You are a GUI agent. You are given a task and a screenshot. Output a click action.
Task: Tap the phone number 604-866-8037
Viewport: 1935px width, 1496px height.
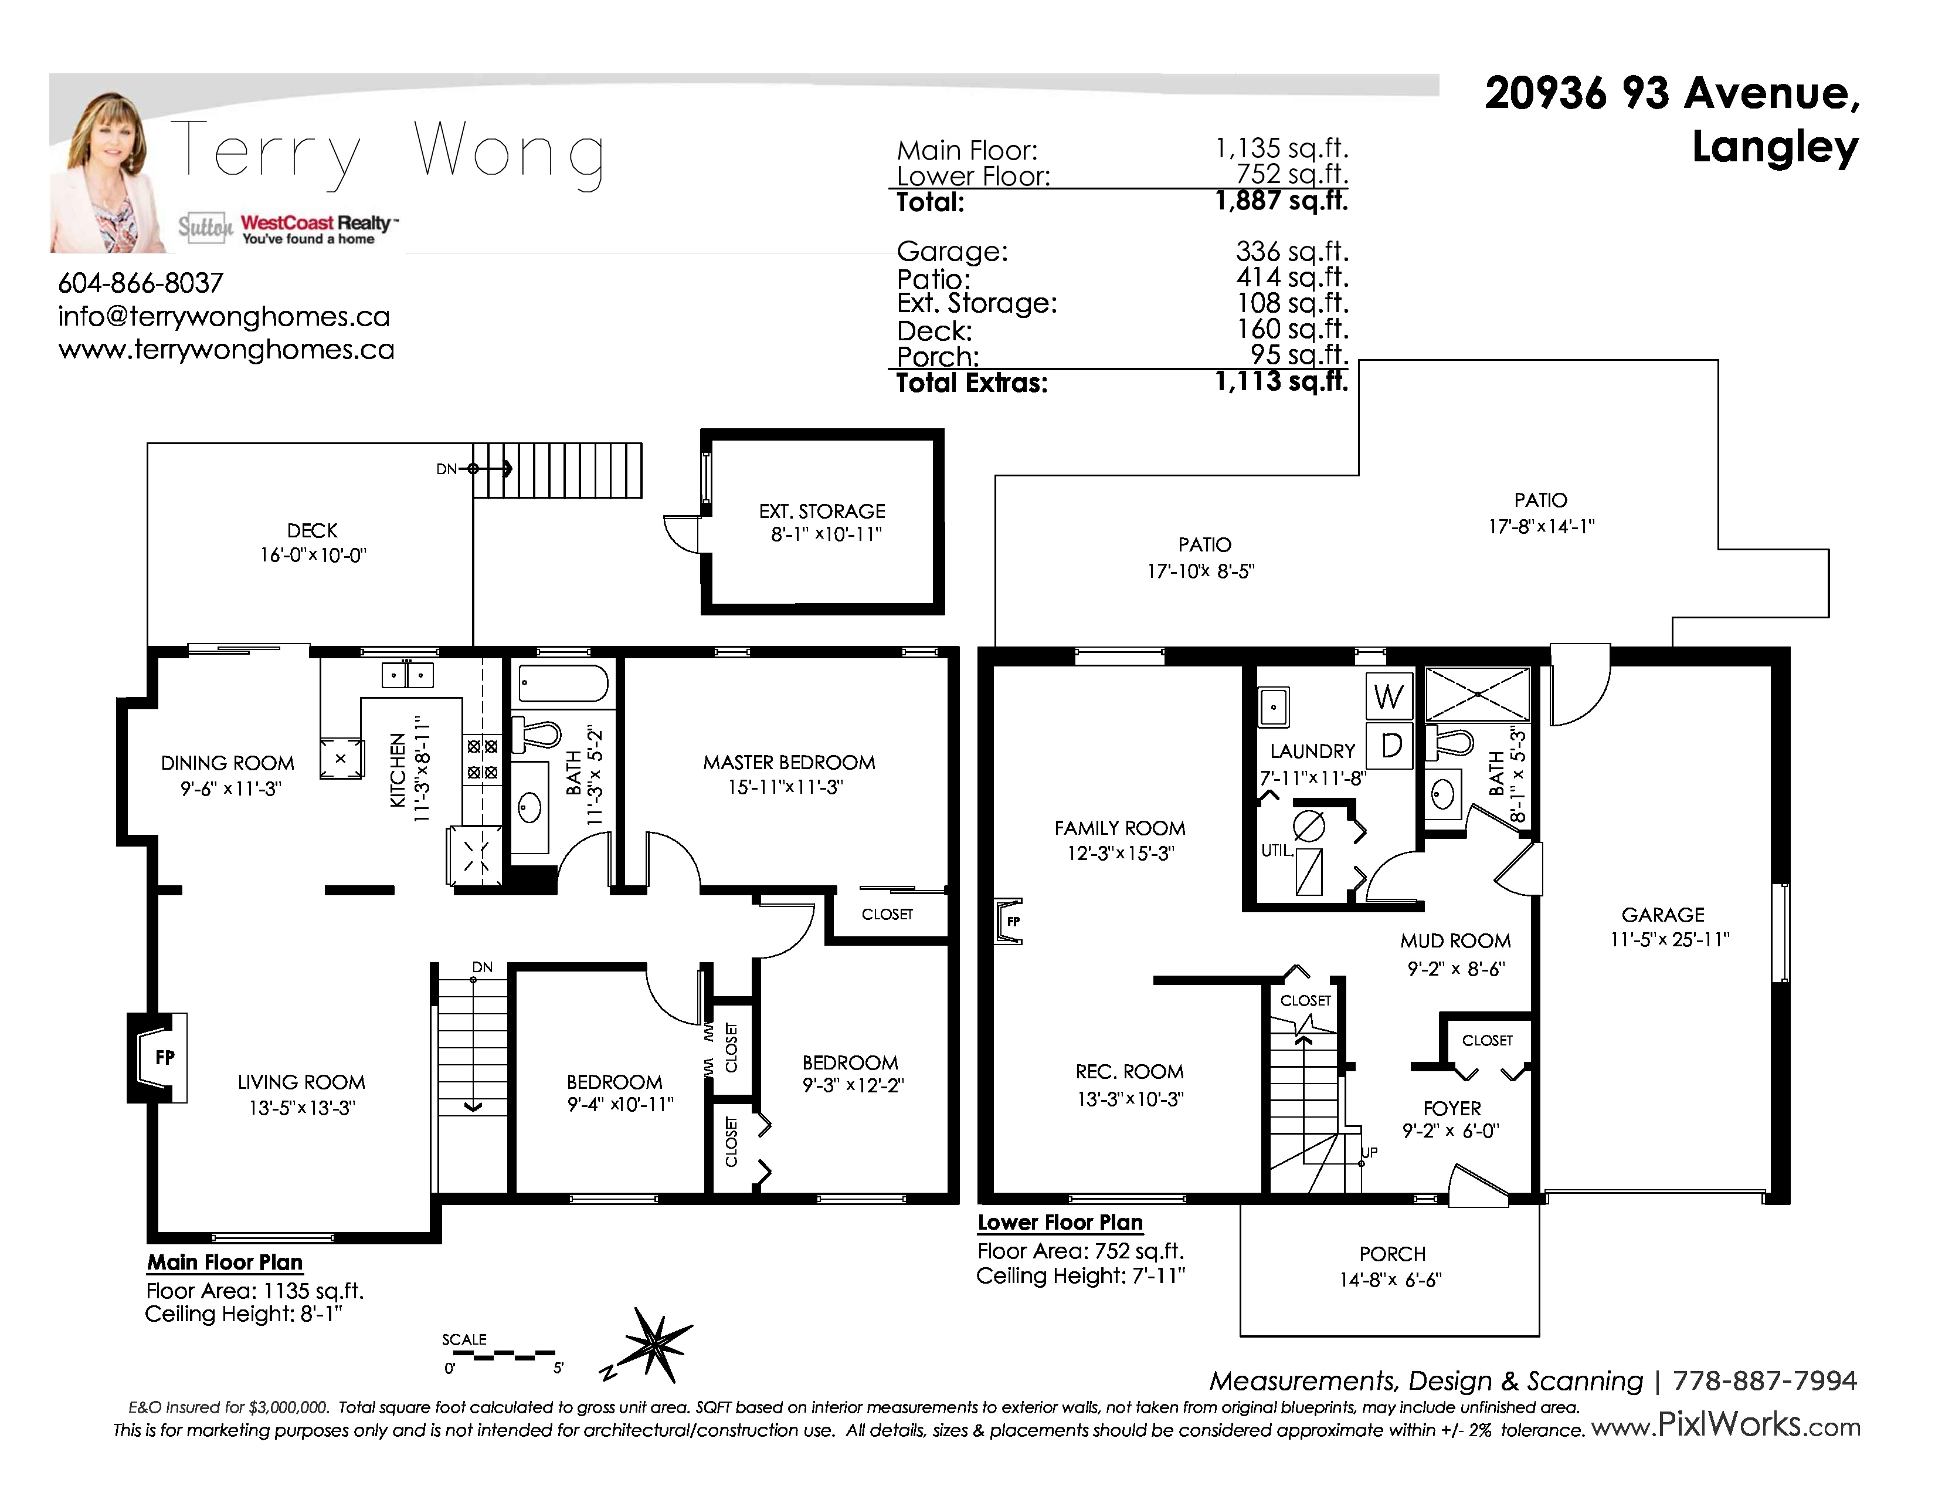pyautogui.click(x=141, y=283)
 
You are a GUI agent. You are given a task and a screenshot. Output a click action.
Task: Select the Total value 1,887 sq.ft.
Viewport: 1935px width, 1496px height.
pyautogui.click(x=1281, y=201)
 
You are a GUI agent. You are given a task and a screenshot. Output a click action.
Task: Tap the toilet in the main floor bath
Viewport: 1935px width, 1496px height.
pyautogui.click(x=538, y=735)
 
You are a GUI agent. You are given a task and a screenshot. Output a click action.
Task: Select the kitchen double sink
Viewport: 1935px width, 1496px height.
pyautogui.click(x=408, y=675)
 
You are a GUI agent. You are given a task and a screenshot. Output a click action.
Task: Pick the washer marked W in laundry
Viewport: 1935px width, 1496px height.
pyautogui.click(x=1389, y=698)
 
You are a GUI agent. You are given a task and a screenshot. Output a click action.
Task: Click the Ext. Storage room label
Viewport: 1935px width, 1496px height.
pyautogui.click(x=822, y=512)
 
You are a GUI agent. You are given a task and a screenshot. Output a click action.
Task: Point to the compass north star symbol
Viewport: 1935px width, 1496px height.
pyautogui.click(x=656, y=1345)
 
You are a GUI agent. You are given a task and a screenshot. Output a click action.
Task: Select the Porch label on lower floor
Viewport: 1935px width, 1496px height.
pyautogui.click(x=1392, y=1254)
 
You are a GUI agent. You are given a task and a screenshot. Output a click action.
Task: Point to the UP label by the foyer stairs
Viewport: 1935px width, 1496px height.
pyautogui.click(x=1370, y=1152)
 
